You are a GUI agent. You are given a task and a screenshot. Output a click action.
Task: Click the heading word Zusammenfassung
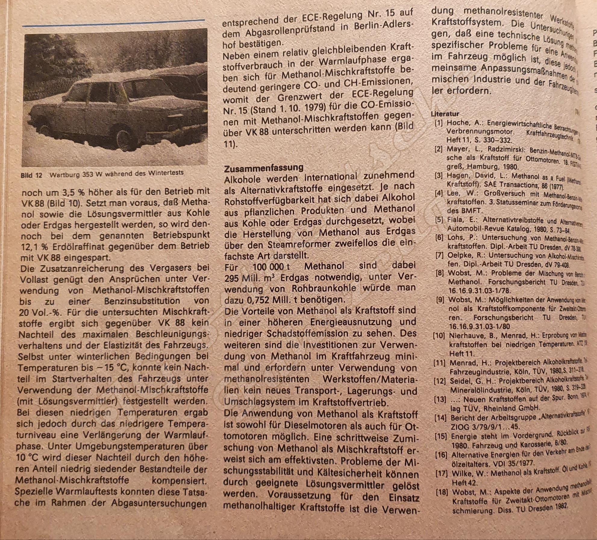coord(264,168)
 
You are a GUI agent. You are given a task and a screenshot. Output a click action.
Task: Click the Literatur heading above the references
coord(445,114)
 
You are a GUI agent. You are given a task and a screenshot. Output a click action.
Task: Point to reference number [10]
coord(439,336)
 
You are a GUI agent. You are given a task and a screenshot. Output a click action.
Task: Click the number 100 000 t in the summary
coord(268,267)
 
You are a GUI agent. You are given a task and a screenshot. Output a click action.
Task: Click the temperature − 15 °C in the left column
coord(111,368)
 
